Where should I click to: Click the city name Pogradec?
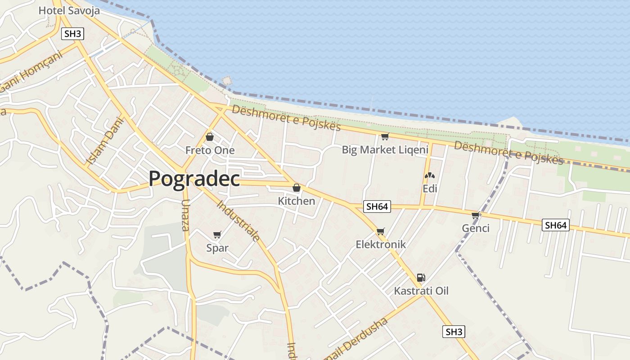pos(194,179)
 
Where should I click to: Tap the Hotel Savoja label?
pos(69,10)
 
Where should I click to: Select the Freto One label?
pos(210,150)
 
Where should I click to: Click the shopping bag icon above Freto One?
pos(210,137)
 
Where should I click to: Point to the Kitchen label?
pos(297,201)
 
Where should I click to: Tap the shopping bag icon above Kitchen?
pos(297,188)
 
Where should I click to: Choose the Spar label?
pos(217,247)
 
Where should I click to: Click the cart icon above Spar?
pos(217,234)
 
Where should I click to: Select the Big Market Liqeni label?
pos(385,150)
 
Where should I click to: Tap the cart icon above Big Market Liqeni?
pos(385,137)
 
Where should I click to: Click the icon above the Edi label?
pos(430,175)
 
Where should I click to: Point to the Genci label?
pos(476,228)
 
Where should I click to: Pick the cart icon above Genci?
pos(476,215)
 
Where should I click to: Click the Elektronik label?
pos(381,244)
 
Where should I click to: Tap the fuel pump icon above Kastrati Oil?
pos(421,278)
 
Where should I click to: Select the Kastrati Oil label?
pos(421,291)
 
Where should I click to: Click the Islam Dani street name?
pos(104,140)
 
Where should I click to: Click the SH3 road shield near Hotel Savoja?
pos(72,34)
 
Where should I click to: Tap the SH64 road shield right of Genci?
pos(555,225)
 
